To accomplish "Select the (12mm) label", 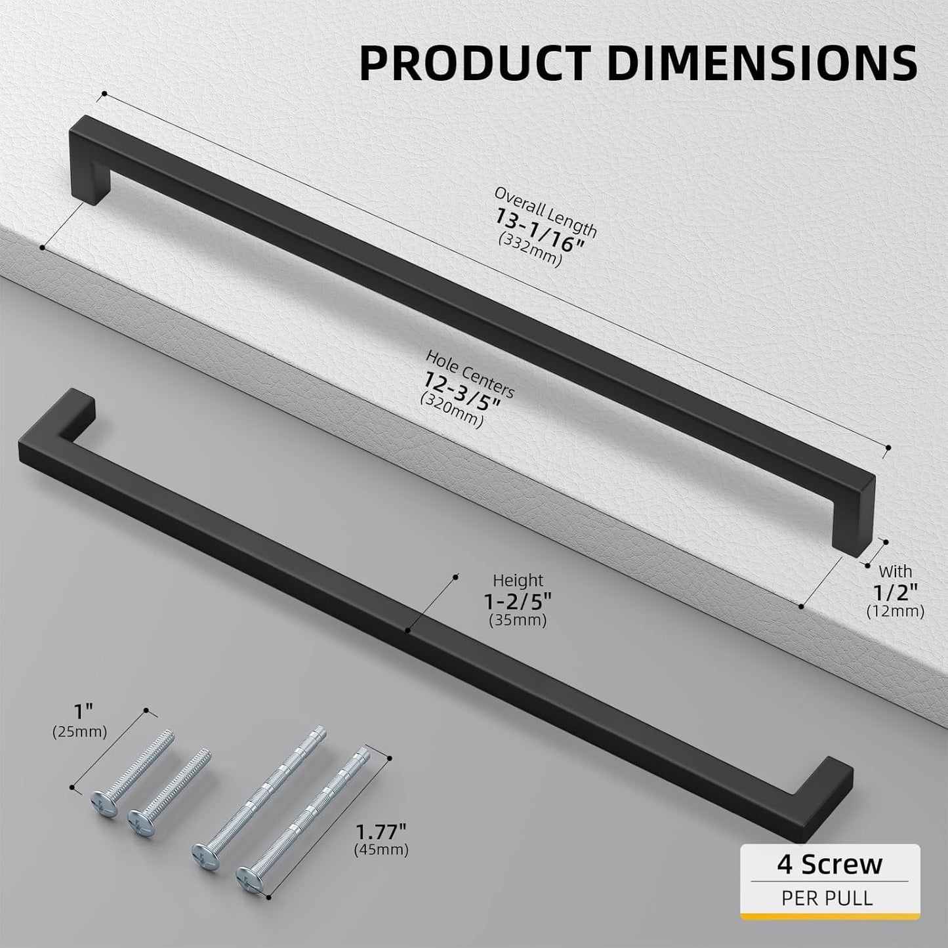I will click(896, 611).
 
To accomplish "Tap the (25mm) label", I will click(79, 732).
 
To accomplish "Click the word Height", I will click(518, 581).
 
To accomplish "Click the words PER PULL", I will click(827, 897).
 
